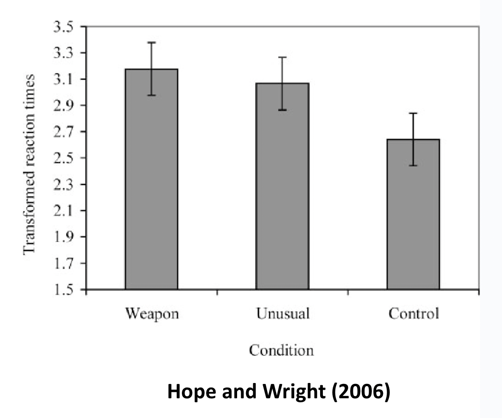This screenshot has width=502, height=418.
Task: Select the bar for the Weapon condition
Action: click(x=151, y=179)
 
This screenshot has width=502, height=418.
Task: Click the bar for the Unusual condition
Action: click(x=282, y=186)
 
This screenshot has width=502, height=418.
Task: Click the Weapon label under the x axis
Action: click(x=152, y=313)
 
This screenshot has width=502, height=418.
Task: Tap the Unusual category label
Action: click(x=282, y=313)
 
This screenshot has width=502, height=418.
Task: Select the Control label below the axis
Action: click(x=413, y=313)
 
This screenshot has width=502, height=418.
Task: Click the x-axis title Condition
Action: click(x=282, y=350)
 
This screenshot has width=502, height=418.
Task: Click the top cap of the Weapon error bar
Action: click(x=152, y=43)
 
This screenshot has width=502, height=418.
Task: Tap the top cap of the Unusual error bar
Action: click(x=282, y=57)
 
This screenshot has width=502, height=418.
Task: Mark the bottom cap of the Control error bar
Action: click(x=413, y=165)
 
